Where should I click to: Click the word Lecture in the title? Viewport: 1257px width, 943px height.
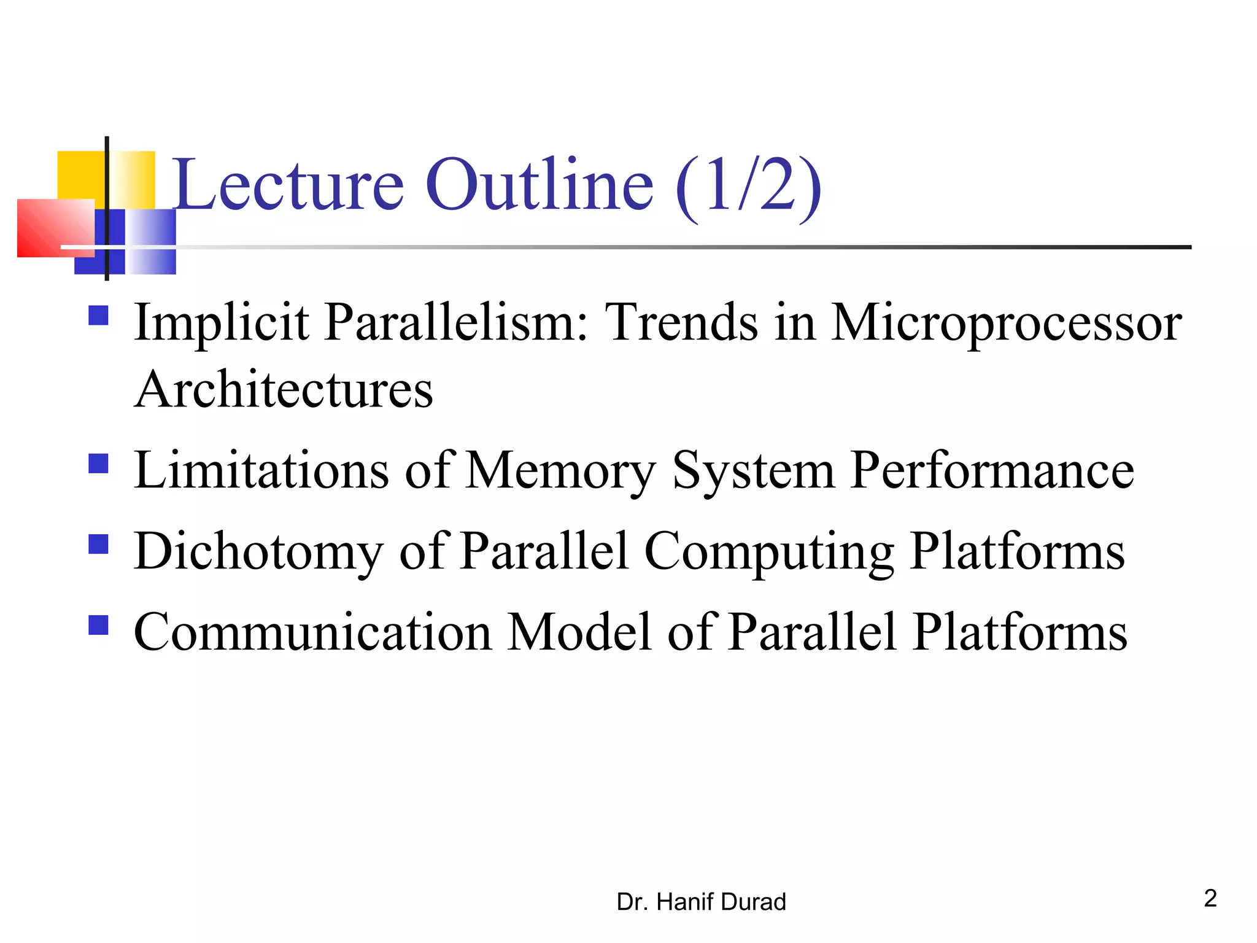pos(288,184)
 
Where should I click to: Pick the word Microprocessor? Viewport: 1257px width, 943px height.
pos(1006,324)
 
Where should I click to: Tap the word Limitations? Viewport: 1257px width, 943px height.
pos(261,470)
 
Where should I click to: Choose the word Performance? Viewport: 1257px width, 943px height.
pos(992,471)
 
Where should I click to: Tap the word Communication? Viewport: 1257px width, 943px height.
pos(312,632)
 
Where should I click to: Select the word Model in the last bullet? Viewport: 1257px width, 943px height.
pos(579,632)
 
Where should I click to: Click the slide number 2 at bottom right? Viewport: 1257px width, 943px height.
pos(1210,898)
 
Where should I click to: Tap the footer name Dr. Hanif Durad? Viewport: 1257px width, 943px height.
pos(701,902)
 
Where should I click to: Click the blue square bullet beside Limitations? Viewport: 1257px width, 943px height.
pos(98,464)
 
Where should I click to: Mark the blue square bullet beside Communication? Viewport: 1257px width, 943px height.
pos(98,625)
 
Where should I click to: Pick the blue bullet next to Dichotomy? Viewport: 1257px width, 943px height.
pos(98,544)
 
